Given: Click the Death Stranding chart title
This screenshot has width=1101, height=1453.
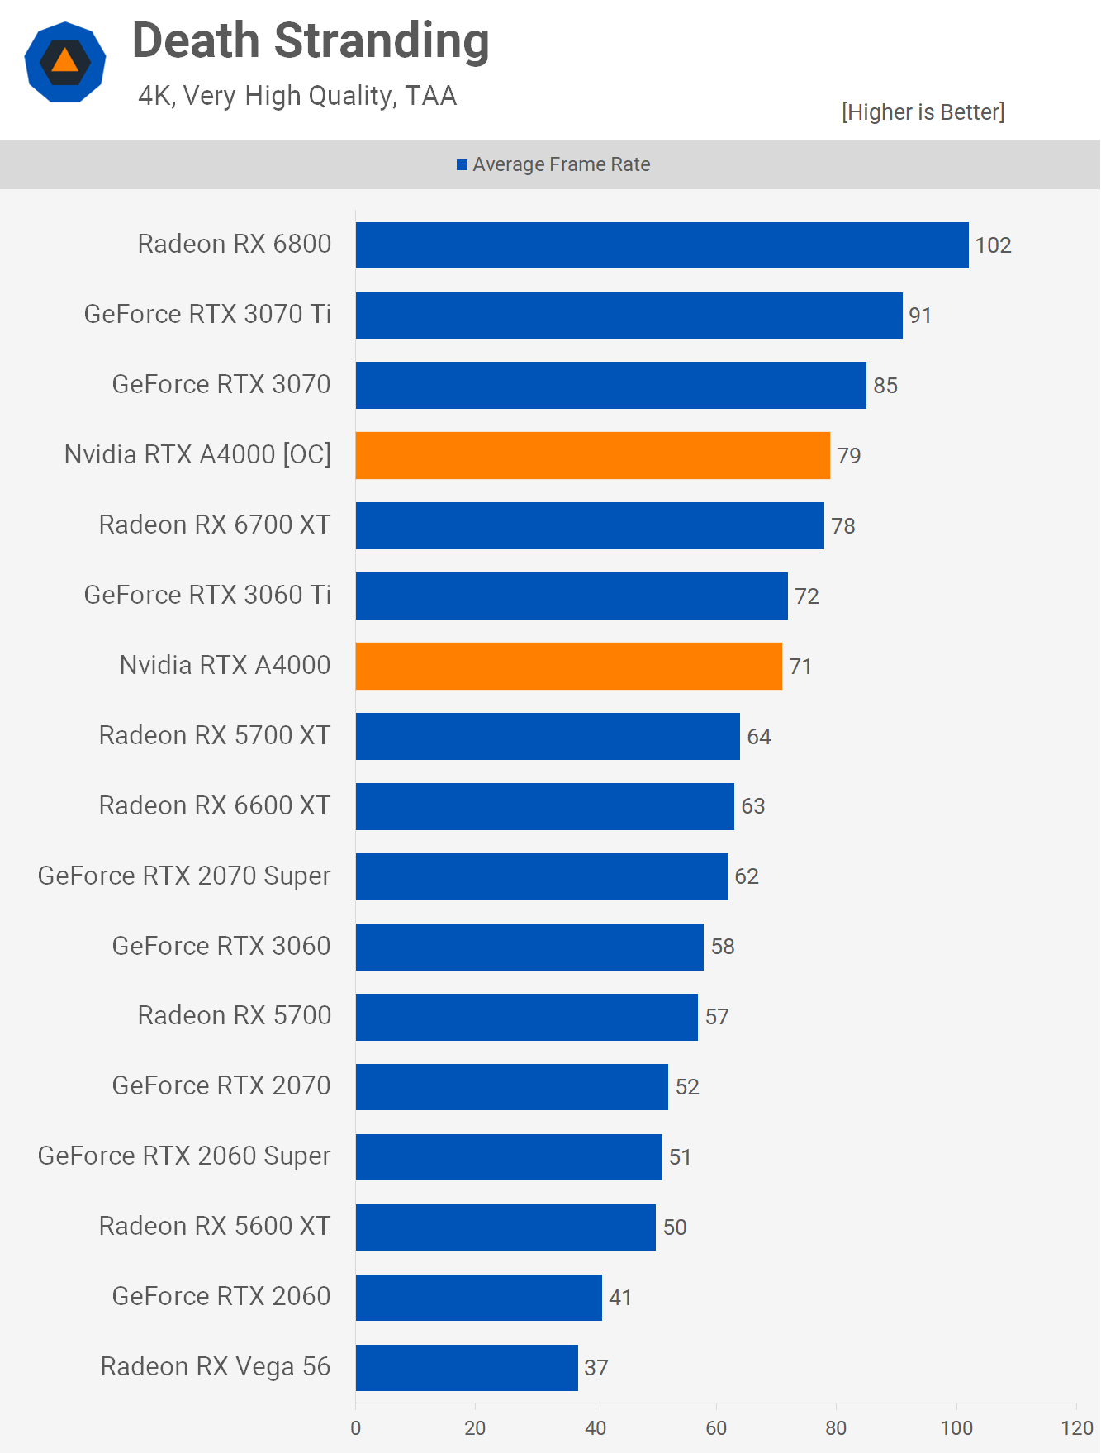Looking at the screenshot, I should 311,41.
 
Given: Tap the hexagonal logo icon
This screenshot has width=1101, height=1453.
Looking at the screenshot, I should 65,63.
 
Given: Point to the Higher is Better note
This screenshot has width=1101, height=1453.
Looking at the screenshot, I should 923,112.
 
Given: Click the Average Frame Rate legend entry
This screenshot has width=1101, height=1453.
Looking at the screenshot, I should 554,164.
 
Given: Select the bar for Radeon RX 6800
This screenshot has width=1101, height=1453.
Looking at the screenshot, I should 662,245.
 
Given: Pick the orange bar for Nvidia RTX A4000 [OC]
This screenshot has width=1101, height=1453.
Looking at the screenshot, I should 592,455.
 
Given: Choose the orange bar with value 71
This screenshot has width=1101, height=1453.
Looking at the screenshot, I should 568,666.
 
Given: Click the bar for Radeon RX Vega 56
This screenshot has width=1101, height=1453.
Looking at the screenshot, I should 467,1367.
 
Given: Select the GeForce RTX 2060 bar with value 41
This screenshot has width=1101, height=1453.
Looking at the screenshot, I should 478,1297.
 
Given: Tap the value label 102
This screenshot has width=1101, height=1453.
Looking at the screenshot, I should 993,245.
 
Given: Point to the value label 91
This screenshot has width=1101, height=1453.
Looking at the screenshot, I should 920,316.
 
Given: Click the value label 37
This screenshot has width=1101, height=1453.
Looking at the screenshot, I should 596,1368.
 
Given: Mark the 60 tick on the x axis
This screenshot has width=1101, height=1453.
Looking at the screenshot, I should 716,1427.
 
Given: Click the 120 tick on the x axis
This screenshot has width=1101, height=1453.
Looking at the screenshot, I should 1077,1427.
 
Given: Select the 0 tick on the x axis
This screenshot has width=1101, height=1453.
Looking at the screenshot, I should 356,1427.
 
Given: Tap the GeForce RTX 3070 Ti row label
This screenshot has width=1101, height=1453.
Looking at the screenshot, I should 207,315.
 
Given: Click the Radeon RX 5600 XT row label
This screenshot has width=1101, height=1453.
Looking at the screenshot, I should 215,1227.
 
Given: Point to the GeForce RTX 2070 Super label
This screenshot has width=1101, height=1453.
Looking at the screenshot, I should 184,876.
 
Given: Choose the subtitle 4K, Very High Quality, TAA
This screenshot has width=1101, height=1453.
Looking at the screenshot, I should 297,96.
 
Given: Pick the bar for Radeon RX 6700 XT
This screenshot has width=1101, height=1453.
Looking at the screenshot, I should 590,525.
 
